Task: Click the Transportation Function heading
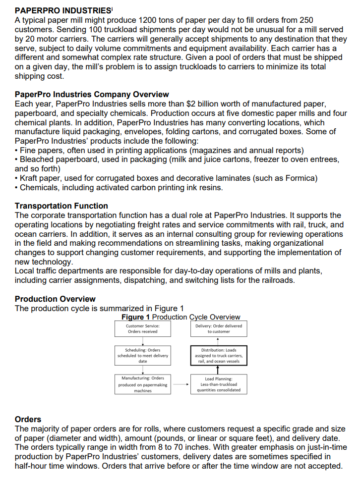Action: pos(61,206)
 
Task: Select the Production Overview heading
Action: pos(55,299)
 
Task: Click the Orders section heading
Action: pos(28,419)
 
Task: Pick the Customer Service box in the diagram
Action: pos(142,328)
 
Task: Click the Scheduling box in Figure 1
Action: pos(142,355)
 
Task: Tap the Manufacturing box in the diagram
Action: pos(142,384)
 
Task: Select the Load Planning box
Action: pos(218,384)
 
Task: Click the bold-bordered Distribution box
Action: pos(218,355)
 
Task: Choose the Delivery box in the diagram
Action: pos(218,328)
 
